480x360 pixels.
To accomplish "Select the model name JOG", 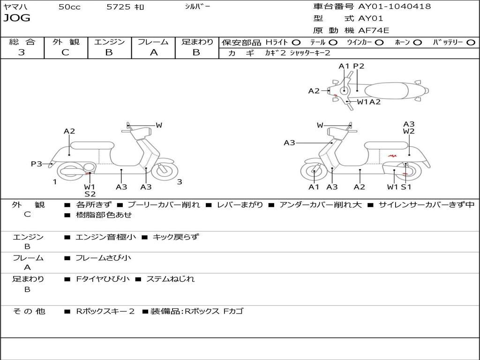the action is (16, 18).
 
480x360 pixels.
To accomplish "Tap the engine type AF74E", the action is (374, 31).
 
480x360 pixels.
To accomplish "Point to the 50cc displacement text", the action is (69, 7).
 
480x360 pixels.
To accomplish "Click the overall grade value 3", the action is (22, 52).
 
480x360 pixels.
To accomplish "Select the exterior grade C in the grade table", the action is (65, 52).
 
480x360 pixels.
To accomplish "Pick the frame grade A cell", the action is (153, 52).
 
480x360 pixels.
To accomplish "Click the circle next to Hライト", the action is (296, 43).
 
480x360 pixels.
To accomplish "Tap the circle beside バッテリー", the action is (471, 43).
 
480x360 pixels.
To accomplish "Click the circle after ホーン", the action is (417, 43).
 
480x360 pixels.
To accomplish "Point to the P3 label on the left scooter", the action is (37, 164).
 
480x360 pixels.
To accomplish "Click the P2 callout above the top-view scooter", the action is (359, 66).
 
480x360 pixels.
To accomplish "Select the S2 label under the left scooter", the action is (90, 194).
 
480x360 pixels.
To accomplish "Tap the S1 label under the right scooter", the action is (406, 187).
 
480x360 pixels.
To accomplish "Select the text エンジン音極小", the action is (106, 237).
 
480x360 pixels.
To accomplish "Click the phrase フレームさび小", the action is (104, 258).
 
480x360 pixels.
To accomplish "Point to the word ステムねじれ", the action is (171, 279).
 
